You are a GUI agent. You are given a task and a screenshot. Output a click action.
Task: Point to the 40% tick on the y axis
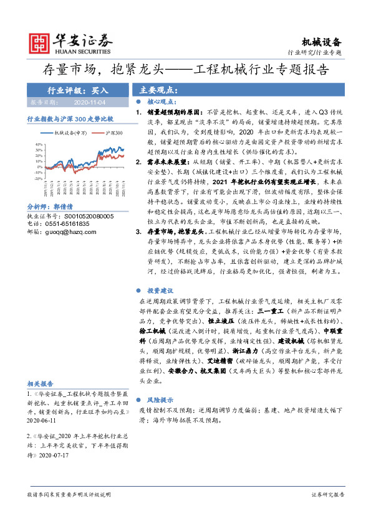(x=38, y=144)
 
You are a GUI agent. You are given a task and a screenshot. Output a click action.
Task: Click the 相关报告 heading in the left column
(x=41, y=384)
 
